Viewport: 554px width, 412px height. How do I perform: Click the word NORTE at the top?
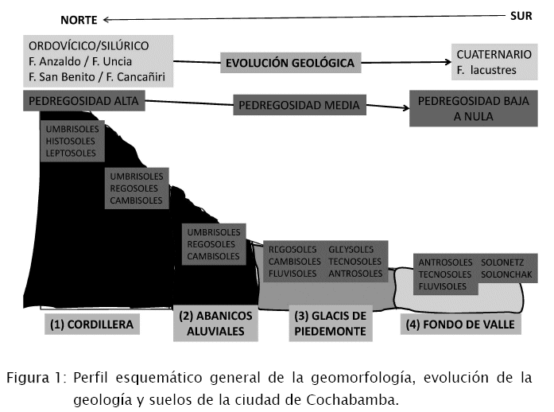[x=79, y=19]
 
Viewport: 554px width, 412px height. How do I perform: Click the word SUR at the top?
[x=521, y=15]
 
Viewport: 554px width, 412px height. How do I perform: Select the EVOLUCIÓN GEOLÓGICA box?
[x=290, y=61]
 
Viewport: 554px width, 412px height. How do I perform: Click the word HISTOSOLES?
[x=71, y=141]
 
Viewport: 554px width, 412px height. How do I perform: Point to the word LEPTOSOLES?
[x=71, y=153]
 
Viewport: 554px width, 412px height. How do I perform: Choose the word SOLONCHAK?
[x=509, y=274]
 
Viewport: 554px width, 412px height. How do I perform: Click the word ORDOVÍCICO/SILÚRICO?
[x=98, y=45]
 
